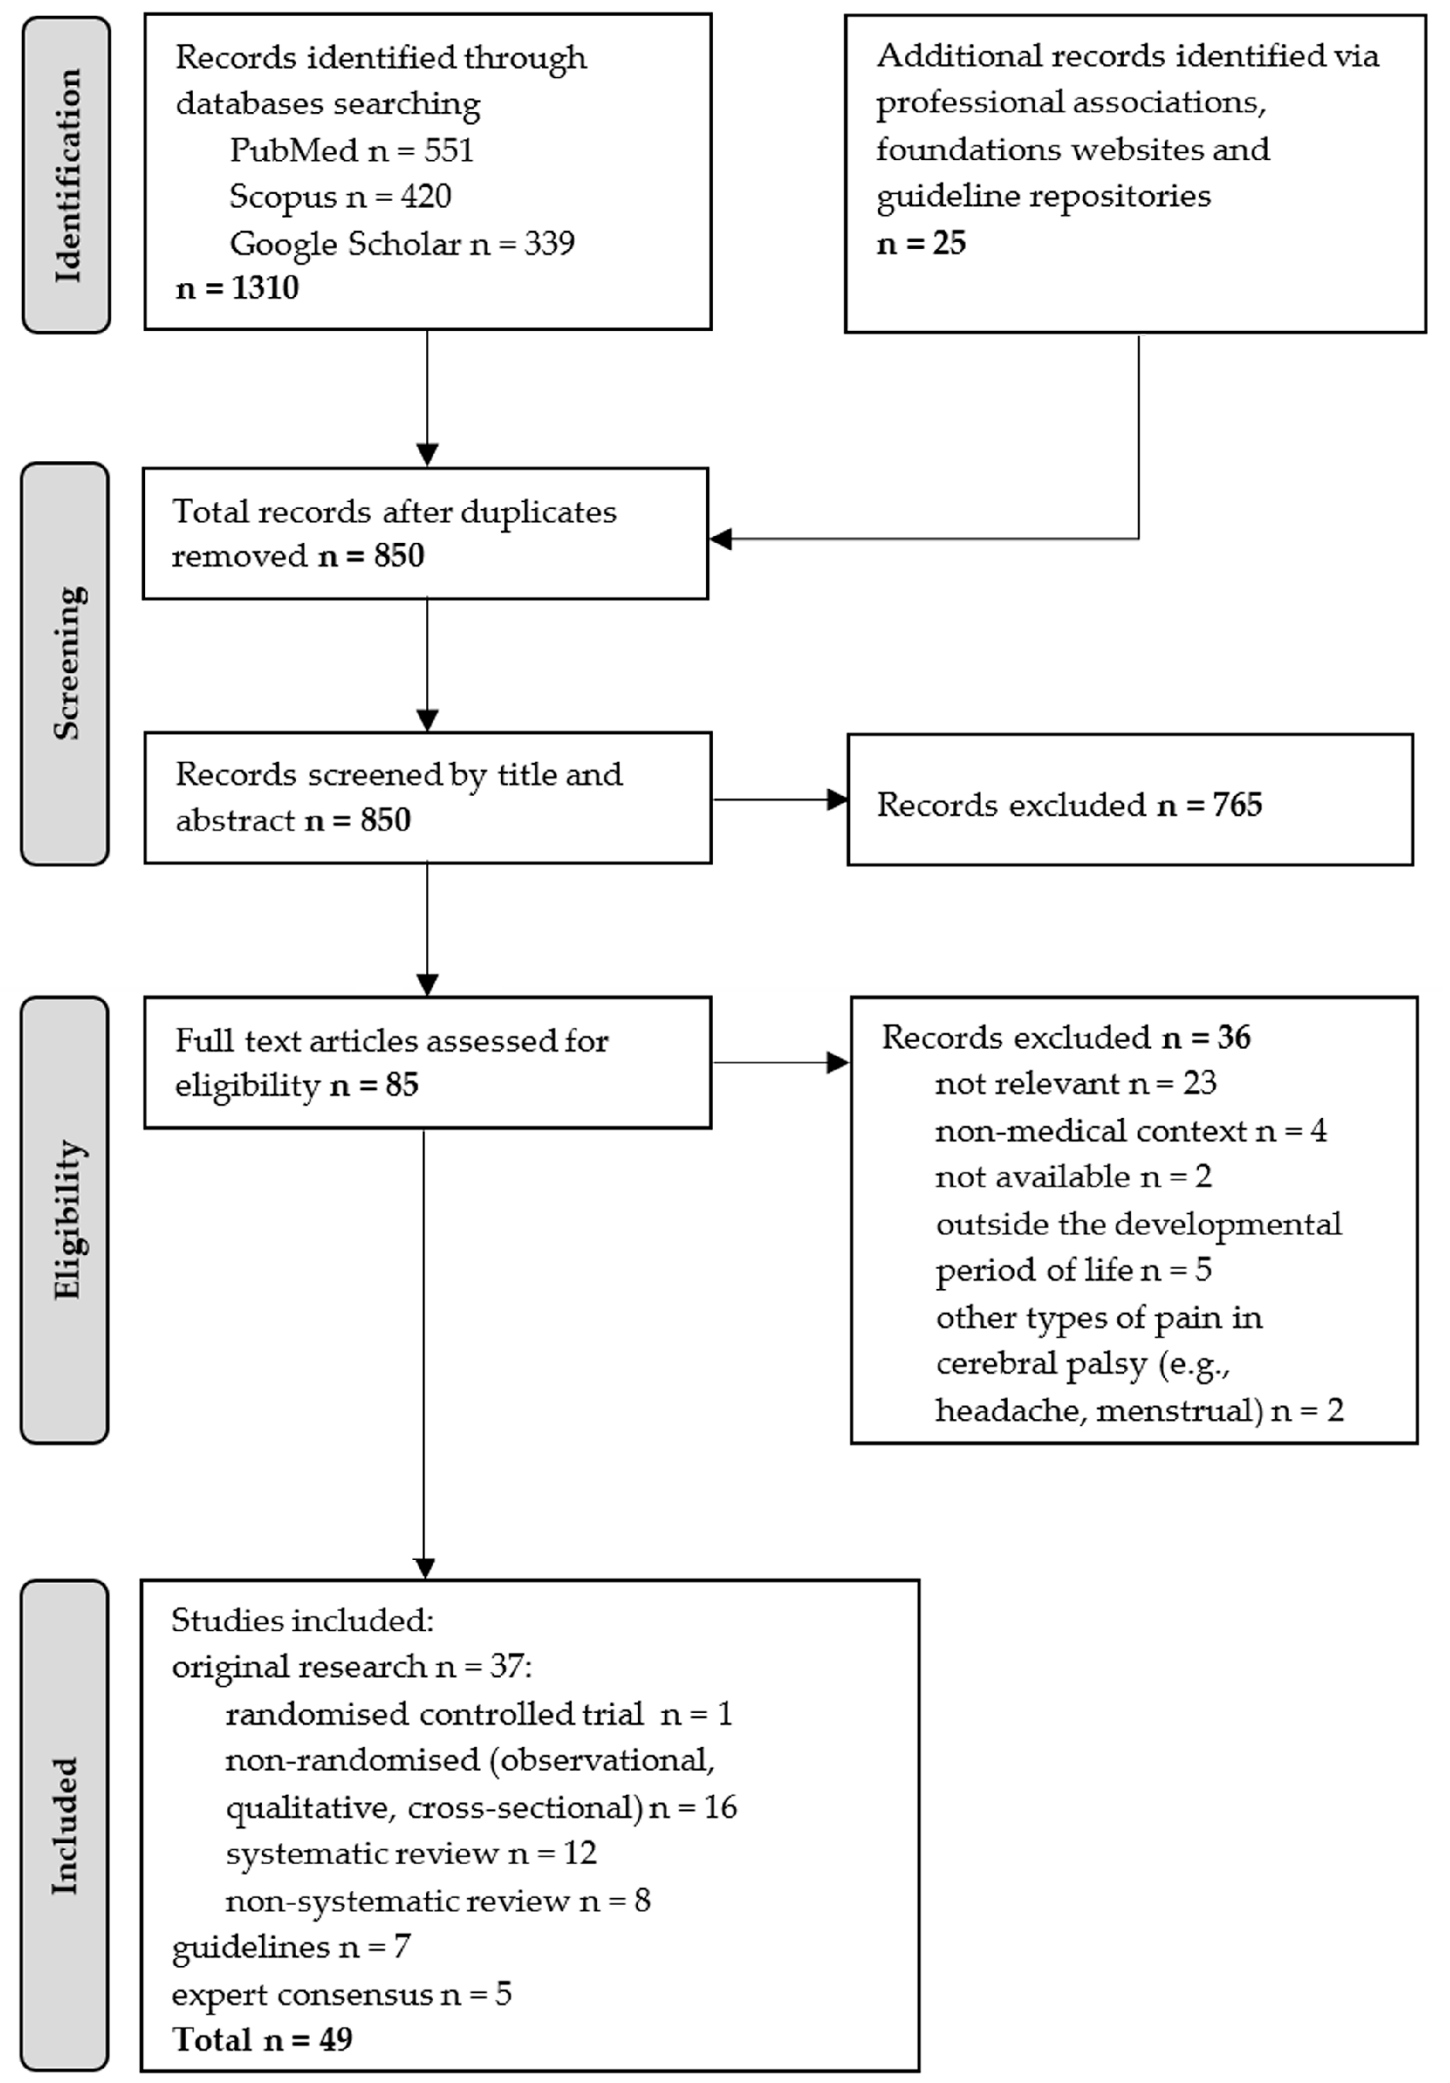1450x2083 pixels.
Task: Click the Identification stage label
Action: point(66,174)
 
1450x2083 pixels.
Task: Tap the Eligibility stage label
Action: point(66,1219)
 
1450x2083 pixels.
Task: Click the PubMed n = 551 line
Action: point(351,150)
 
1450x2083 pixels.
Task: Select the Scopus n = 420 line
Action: point(340,196)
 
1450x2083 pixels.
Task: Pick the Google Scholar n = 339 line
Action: point(402,243)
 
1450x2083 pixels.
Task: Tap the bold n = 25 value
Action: point(920,243)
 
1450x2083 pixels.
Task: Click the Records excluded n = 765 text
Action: point(1069,805)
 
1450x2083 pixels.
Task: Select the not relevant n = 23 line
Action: point(1075,1083)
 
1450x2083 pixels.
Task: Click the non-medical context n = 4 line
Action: point(1130,1130)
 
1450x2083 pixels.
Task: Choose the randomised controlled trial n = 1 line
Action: point(478,1714)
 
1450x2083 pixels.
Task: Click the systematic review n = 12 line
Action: point(411,1853)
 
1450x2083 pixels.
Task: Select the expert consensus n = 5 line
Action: point(341,1993)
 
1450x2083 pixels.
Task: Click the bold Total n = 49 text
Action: point(262,2039)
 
